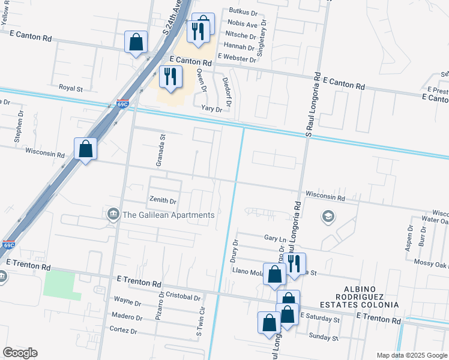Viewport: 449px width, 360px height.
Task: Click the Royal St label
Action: (x=70, y=88)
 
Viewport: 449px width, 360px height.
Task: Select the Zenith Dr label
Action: (x=162, y=201)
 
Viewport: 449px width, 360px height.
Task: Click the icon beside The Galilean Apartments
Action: (x=113, y=215)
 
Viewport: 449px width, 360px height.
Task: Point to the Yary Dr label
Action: (x=212, y=109)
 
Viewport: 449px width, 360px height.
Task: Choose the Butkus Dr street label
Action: (x=243, y=11)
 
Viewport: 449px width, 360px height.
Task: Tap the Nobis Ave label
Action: (x=243, y=25)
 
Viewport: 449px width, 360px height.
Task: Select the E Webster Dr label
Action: (x=237, y=56)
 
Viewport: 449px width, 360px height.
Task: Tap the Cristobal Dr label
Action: (x=182, y=297)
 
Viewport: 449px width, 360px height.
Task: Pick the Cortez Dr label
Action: (x=123, y=330)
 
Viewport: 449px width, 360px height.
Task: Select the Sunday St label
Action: (x=324, y=337)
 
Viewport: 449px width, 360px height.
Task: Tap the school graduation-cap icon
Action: (x=328, y=216)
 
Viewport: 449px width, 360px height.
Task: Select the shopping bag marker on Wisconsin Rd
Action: (x=86, y=149)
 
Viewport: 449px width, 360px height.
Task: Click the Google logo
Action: (x=20, y=353)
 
